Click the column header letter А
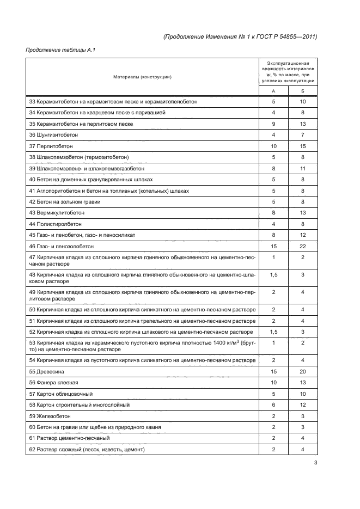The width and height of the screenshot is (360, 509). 273,91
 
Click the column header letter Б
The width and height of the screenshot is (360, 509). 303,91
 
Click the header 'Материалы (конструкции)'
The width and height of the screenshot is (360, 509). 142,77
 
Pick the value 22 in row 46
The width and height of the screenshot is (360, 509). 303,246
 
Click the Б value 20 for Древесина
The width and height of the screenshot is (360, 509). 303,371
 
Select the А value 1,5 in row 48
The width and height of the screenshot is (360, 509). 273,275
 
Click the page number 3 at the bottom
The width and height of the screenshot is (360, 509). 315,463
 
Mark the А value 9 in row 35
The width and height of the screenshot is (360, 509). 273,124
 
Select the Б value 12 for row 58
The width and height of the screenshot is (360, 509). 303,404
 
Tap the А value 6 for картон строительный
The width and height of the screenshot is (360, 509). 273,404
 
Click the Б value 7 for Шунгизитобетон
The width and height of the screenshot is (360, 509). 303,135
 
